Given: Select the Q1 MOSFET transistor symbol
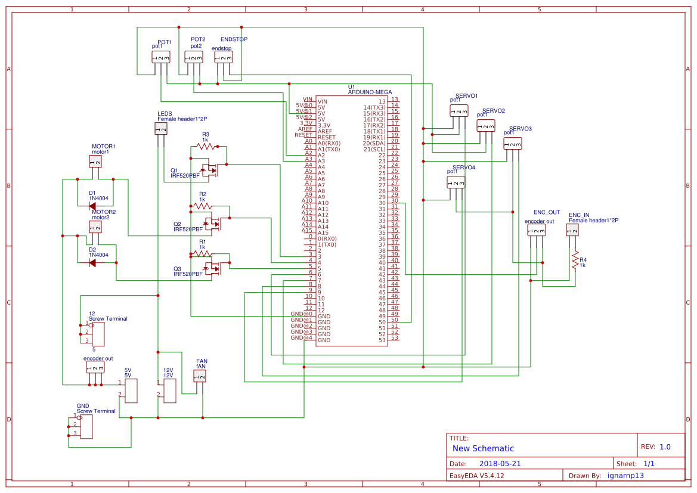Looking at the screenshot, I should click(210, 170).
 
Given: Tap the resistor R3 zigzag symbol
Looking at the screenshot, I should click(205, 145).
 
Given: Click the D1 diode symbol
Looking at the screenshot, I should click(92, 206).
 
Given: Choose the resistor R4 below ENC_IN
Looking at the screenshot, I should click(575, 260).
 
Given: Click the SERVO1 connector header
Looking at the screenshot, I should click(459, 110).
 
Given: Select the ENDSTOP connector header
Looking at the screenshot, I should click(224, 57).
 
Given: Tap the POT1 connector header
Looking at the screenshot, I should click(160, 57).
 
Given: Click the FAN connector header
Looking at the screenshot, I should click(200, 376).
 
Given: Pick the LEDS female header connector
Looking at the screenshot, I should click(160, 128).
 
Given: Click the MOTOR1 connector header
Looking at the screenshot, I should click(96, 161).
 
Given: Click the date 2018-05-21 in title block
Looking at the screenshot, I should click(500, 463).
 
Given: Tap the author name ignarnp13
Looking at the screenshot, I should click(625, 476).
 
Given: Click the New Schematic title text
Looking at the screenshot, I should click(483, 448).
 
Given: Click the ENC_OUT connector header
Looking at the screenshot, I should click(536, 230).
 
